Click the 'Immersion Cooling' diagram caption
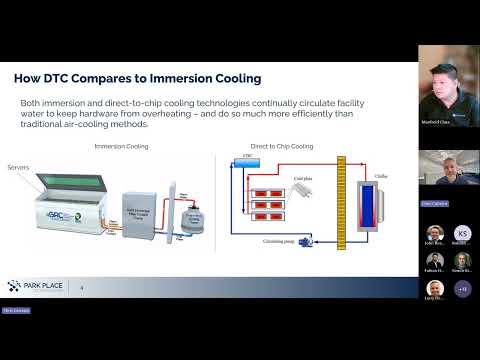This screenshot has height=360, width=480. pos(121,146)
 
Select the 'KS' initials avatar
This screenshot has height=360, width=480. pos(463,233)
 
